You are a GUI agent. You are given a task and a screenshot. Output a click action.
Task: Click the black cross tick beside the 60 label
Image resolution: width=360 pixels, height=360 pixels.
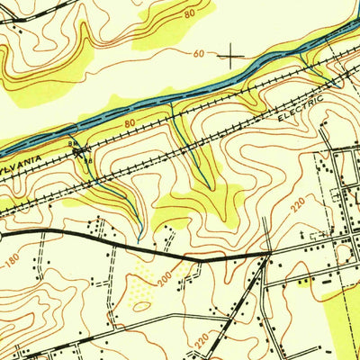pyautogui.click(x=232, y=57)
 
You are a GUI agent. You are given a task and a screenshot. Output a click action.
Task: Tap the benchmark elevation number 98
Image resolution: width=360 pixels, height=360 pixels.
pyautogui.click(x=88, y=162)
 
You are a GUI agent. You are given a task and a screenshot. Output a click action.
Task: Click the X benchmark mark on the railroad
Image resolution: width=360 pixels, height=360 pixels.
pyautogui.click(x=84, y=152)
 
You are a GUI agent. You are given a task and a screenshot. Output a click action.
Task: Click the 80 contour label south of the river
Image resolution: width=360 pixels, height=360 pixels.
pyautogui.click(x=130, y=121)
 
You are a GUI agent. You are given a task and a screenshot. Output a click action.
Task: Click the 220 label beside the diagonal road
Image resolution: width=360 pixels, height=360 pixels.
pyautogui.click(x=202, y=339)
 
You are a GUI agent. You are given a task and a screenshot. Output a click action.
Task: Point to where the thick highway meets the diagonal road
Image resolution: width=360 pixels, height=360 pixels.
pyautogui.click(x=268, y=256)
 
